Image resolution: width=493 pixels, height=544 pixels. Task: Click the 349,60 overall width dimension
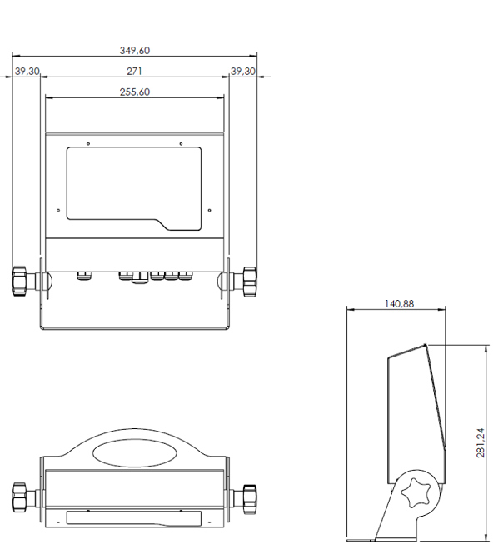[x=135, y=51]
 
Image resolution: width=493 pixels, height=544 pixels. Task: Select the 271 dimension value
[x=134, y=72]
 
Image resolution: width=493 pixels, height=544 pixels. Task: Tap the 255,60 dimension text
[x=135, y=92]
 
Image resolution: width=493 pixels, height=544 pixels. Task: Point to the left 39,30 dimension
[x=27, y=72]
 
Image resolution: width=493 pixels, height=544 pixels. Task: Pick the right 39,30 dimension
[x=243, y=72]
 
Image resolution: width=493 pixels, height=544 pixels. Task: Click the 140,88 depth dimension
[x=399, y=304]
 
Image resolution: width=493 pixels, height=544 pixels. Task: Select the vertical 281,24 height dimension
[x=481, y=442]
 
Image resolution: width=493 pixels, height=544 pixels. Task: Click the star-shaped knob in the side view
[x=416, y=492]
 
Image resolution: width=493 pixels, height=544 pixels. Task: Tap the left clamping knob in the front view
[x=19, y=282]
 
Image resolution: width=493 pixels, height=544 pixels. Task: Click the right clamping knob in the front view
[x=250, y=282]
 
